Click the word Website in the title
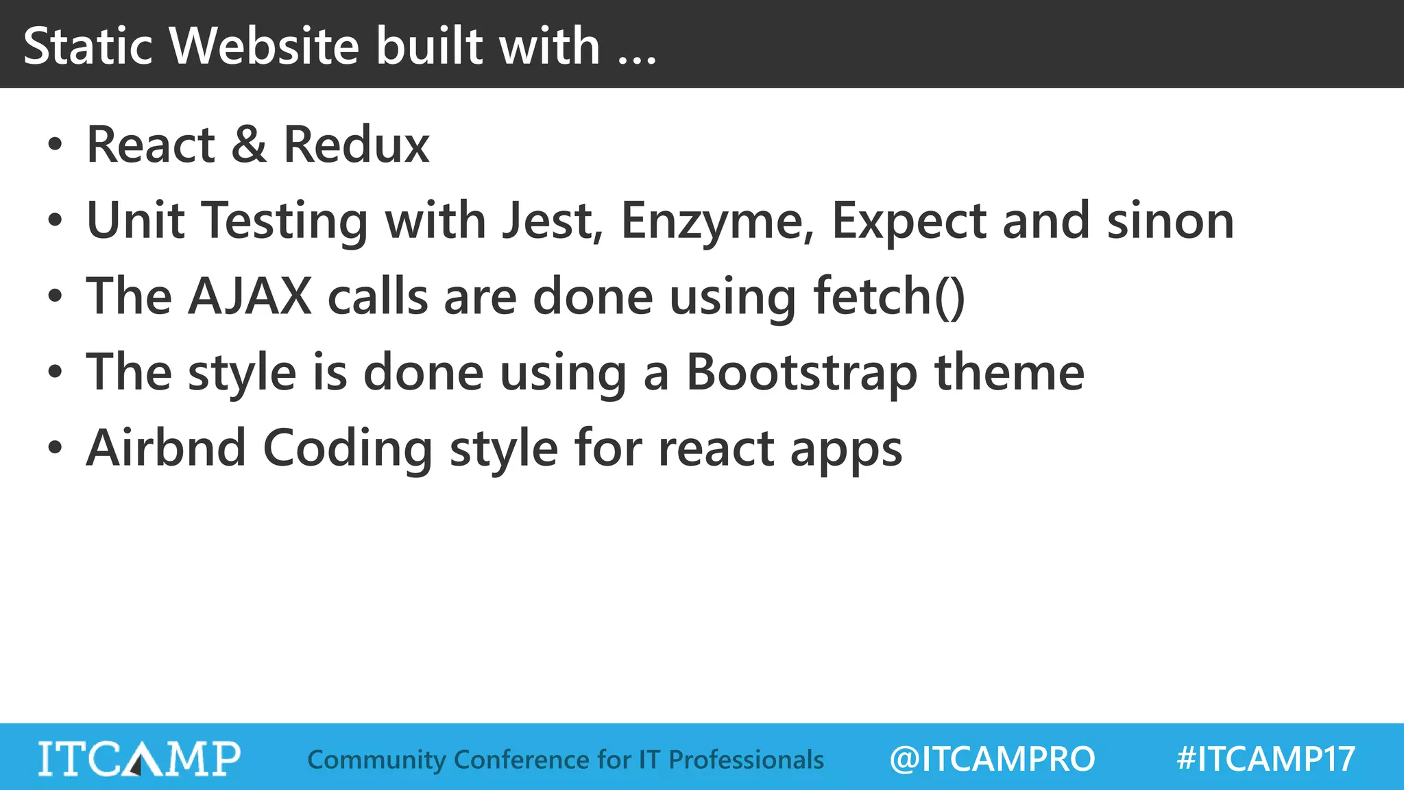(x=264, y=46)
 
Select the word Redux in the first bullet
(x=356, y=145)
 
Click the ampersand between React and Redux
(x=249, y=145)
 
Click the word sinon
(x=1170, y=221)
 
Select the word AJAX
(x=250, y=296)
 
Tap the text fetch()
(x=889, y=296)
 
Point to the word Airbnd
(x=166, y=448)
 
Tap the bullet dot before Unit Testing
(x=55, y=221)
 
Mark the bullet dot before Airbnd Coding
(x=55, y=448)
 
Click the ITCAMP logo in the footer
(x=139, y=758)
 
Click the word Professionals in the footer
(x=746, y=760)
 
